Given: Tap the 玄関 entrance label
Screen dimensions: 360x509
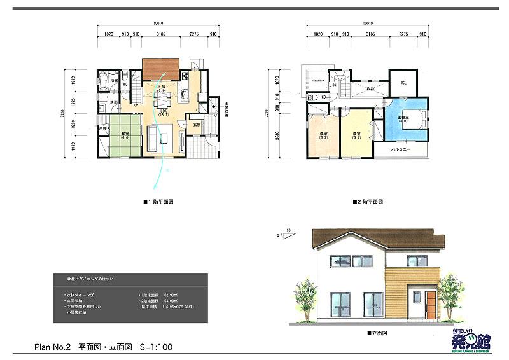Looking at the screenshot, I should tap(197, 125).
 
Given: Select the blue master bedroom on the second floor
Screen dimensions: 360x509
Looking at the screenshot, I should tap(404, 118).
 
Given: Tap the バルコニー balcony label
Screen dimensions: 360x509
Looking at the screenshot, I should tap(401, 149).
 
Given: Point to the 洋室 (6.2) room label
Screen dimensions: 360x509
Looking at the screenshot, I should tap(324, 135).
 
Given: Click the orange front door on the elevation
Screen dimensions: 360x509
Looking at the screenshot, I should tap(431, 305).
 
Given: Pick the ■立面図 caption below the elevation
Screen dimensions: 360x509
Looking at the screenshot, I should tap(378, 333).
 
